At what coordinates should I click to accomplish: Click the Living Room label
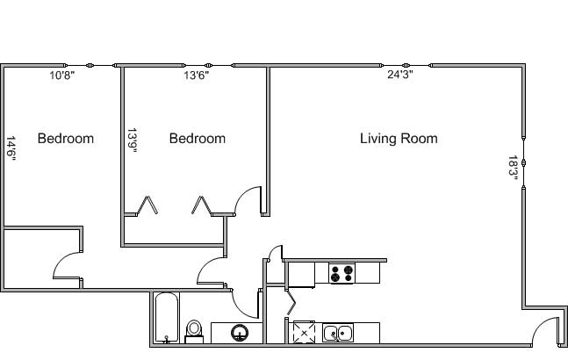coord(399,139)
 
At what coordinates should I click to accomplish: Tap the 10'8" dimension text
coord(62,76)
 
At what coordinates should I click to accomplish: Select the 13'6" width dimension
coord(197,76)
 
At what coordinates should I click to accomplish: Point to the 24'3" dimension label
coord(400,75)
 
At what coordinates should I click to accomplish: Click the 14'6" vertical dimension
coord(11,148)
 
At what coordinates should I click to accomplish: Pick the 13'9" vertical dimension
coord(132,140)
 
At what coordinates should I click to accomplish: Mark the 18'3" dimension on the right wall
coord(514,168)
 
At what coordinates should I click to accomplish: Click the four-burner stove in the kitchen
coord(342,273)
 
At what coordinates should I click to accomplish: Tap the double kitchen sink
coord(338,333)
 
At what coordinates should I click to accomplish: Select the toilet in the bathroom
coord(194,331)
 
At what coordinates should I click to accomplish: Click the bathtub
coord(167,318)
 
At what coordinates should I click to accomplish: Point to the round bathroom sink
coord(240,333)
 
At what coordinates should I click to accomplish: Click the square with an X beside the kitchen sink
coord(304,333)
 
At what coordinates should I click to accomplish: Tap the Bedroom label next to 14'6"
coord(66,139)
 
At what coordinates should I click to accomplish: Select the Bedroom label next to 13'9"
coord(198,139)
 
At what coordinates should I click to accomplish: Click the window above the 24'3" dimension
coord(406,66)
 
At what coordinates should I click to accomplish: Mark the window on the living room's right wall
coord(523,162)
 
